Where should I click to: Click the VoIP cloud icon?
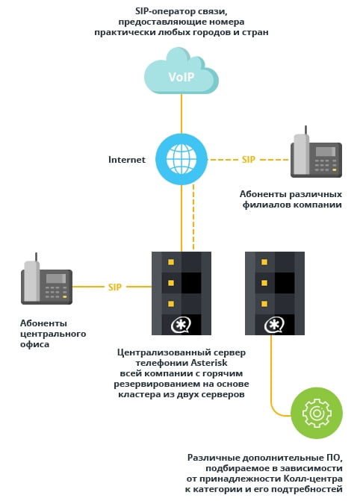[x=181, y=71]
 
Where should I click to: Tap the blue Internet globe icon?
[x=181, y=159]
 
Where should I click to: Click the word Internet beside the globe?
[x=127, y=160]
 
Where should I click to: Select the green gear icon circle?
[x=317, y=413]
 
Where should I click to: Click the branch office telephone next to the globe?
[x=316, y=152]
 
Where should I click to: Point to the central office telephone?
[x=46, y=279]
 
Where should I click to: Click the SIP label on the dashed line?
[x=249, y=160]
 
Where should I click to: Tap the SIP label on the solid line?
[x=115, y=287]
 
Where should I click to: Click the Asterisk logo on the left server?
[x=181, y=326]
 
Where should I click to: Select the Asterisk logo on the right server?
[x=274, y=326]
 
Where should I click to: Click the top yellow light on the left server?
[x=171, y=262]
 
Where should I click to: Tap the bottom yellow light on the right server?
[x=264, y=304]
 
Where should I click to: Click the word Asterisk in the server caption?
[x=209, y=363]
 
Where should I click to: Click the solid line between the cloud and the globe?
[x=181, y=113]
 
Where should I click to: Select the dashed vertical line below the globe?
[x=193, y=217]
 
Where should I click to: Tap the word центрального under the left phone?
[x=53, y=334]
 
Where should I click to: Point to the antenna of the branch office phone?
[x=305, y=131]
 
